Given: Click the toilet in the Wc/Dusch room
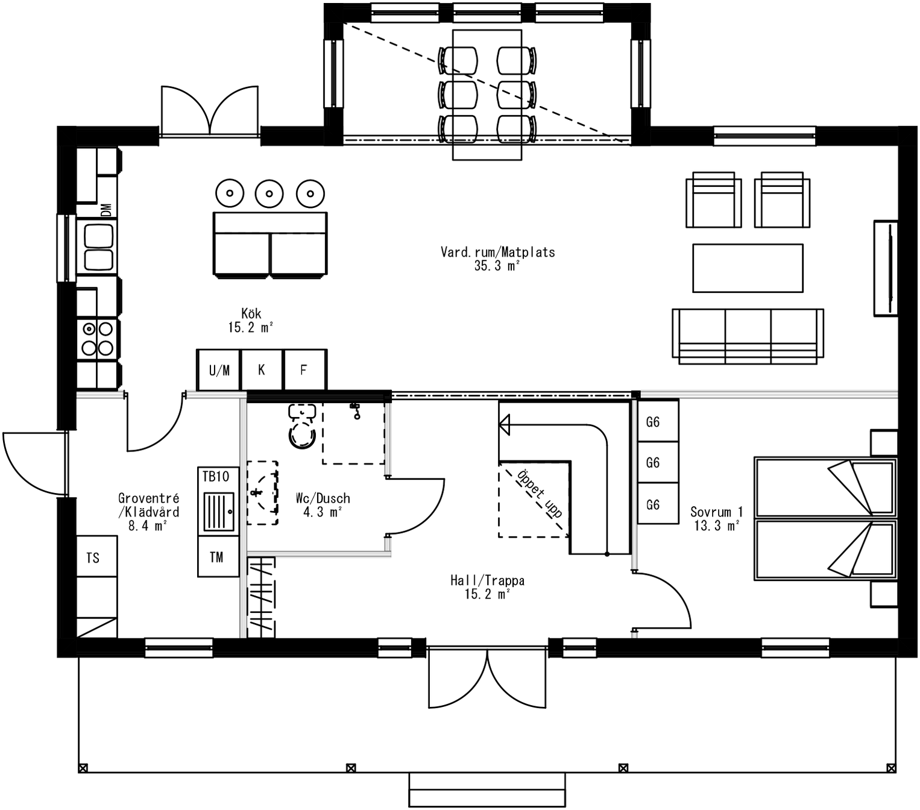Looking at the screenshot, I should [x=302, y=429].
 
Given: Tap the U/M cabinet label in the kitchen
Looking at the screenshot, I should [x=219, y=370].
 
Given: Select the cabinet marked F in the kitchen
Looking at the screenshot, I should [x=304, y=370].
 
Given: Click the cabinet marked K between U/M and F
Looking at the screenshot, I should [x=262, y=370].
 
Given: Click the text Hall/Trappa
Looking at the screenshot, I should [x=487, y=580].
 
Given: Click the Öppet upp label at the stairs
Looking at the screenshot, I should [x=540, y=494].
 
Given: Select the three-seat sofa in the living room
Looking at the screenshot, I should [x=748, y=335].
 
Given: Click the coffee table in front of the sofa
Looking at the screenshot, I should [x=748, y=268].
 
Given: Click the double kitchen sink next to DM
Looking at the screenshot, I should [x=98, y=247].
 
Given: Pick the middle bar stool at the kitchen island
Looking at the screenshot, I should [x=269, y=193].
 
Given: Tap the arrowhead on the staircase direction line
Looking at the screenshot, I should [x=505, y=425].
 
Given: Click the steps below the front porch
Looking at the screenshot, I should [x=487, y=789].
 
